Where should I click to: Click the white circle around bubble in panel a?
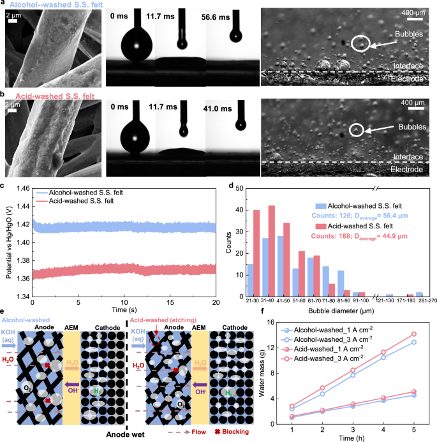click(x=359, y=43)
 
